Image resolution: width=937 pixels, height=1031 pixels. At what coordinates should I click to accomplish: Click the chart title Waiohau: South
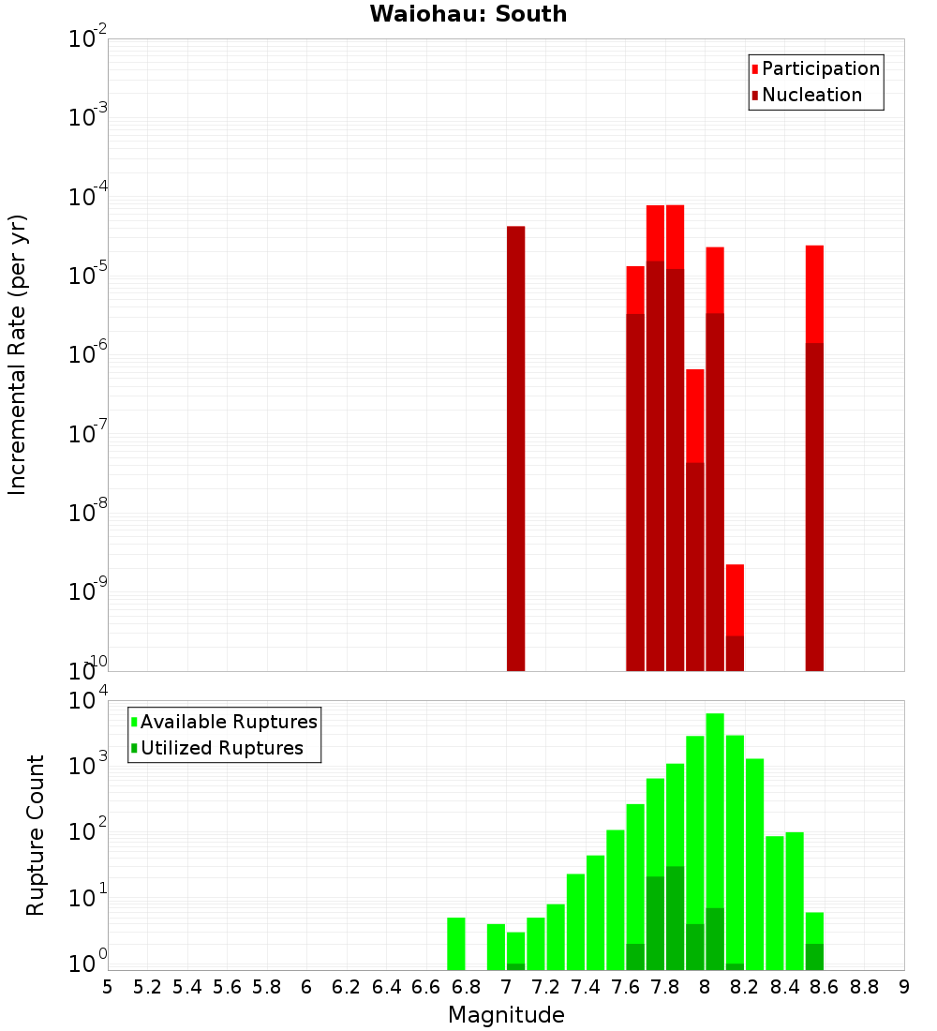click(x=468, y=14)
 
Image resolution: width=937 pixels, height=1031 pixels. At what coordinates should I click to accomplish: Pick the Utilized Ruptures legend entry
click(x=221, y=748)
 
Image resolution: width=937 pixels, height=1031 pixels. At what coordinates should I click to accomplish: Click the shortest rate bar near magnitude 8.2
click(x=735, y=619)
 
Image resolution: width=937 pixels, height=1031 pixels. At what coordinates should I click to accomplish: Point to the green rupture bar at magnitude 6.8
click(x=456, y=944)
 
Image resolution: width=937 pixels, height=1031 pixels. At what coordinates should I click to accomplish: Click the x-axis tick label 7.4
click(x=586, y=987)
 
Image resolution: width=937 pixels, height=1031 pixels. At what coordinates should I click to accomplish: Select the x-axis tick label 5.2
click(x=147, y=987)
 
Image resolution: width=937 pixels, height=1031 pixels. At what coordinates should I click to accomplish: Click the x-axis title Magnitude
click(x=506, y=1015)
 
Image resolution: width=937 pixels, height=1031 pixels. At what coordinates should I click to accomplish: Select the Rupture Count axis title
click(x=36, y=834)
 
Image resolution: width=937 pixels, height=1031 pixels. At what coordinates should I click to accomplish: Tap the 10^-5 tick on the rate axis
click(x=88, y=276)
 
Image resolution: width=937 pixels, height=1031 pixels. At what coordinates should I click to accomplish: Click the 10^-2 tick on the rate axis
click(x=88, y=39)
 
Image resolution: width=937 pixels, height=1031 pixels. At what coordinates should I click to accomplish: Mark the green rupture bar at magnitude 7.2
click(x=556, y=937)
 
